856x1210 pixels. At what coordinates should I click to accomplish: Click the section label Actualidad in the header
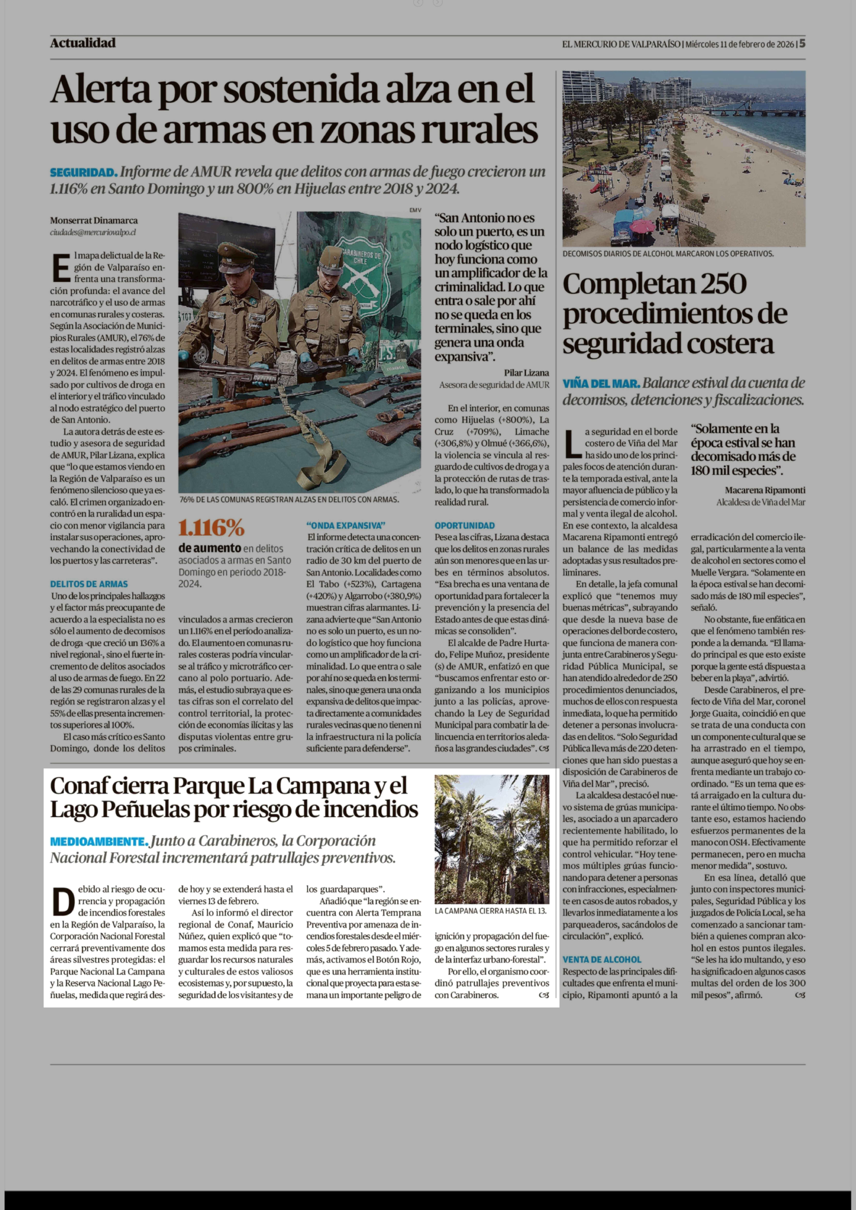tap(83, 43)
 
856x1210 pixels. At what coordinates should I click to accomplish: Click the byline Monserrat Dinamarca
tap(94, 220)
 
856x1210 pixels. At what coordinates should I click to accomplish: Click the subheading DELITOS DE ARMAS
tap(89, 584)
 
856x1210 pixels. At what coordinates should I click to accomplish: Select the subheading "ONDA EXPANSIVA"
tap(346, 525)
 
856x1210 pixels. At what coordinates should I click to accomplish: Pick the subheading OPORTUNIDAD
tap(464, 525)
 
